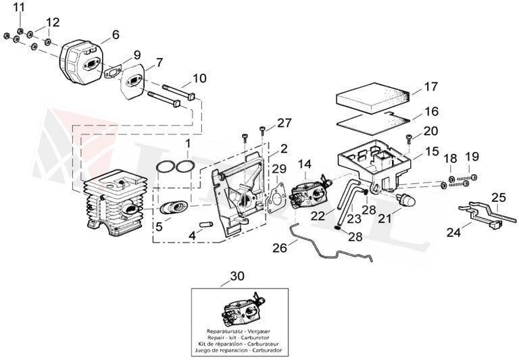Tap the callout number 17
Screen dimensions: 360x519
tap(431, 87)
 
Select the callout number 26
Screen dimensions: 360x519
tap(280, 248)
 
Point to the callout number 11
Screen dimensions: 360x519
tap(18, 7)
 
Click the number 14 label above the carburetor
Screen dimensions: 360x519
tap(304, 163)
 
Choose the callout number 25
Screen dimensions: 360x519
tap(498, 198)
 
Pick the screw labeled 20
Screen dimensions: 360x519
tap(410, 140)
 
